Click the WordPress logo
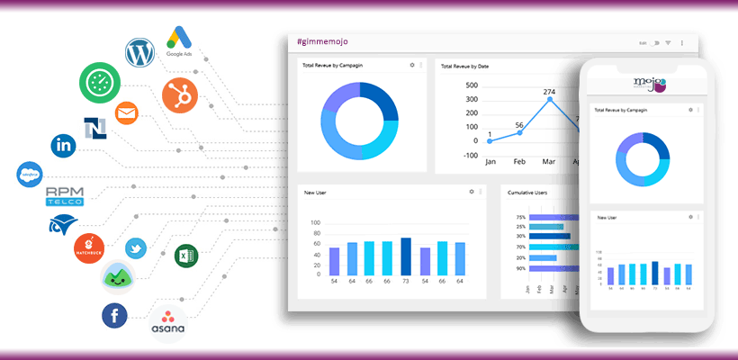pyautogui.click(x=140, y=55)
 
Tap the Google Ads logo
pyautogui.click(x=182, y=40)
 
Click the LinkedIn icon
pyautogui.click(x=64, y=143)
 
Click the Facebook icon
pyautogui.click(x=114, y=315)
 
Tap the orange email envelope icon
pyautogui.click(x=127, y=113)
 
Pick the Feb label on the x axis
pyautogui.click(x=519, y=162)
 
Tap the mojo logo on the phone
pyautogui.click(x=649, y=85)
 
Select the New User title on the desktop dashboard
pyautogui.click(x=315, y=192)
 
